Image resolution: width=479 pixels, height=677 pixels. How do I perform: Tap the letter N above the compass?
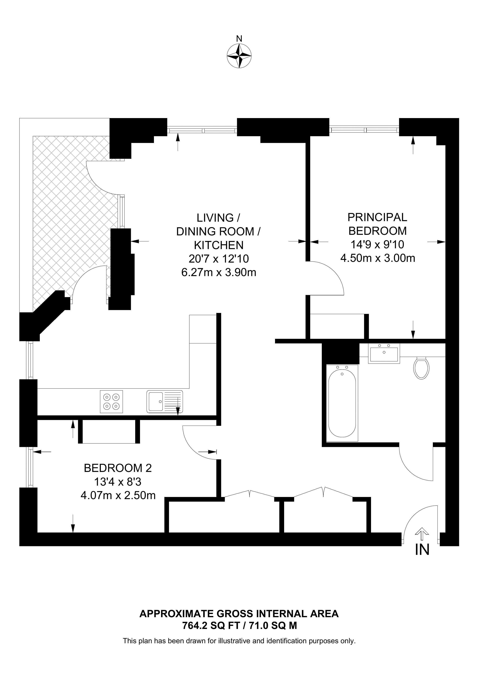coord(239,39)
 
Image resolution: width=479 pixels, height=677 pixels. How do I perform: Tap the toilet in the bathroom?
coord(422,368)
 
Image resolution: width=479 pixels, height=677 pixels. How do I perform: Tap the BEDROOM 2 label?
coord(118,468)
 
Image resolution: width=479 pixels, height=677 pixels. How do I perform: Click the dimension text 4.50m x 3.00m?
coord(378,258)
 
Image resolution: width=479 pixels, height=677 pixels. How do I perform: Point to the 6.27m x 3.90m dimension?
coord(219,272)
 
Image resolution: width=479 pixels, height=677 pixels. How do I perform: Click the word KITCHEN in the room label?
coord(219,245)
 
